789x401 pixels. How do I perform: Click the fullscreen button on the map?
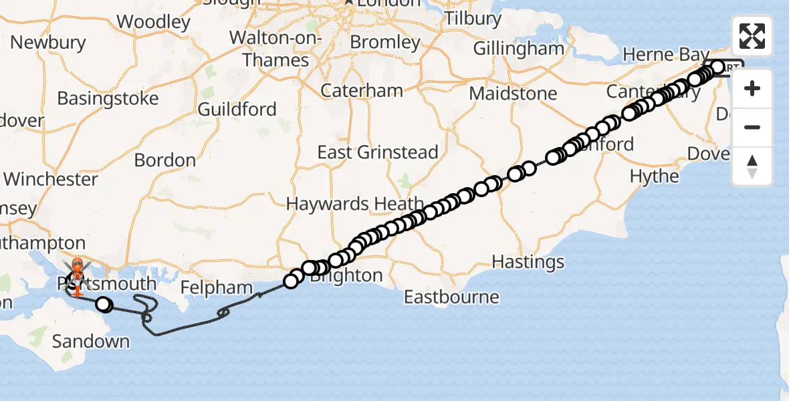pos(752,36)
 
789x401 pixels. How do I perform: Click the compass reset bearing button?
pos(752,166)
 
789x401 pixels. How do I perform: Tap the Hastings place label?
pos(528,261)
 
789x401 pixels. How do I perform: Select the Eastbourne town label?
pos(451,297)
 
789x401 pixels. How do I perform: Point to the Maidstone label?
pos(513,93)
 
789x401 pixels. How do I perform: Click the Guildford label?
pos(237,109)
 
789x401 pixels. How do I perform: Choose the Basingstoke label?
pos(108,98)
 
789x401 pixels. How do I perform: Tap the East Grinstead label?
pos(378,152)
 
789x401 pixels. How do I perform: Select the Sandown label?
pos(91,342)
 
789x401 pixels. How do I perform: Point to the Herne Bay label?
pos(661,53)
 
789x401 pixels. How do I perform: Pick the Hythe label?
pos(655,176)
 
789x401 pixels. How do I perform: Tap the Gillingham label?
pos(519,49)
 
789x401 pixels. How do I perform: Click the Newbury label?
pos(48,43)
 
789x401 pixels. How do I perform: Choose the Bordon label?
pos(165,160)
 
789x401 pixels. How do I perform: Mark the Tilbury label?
pos(473,18)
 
